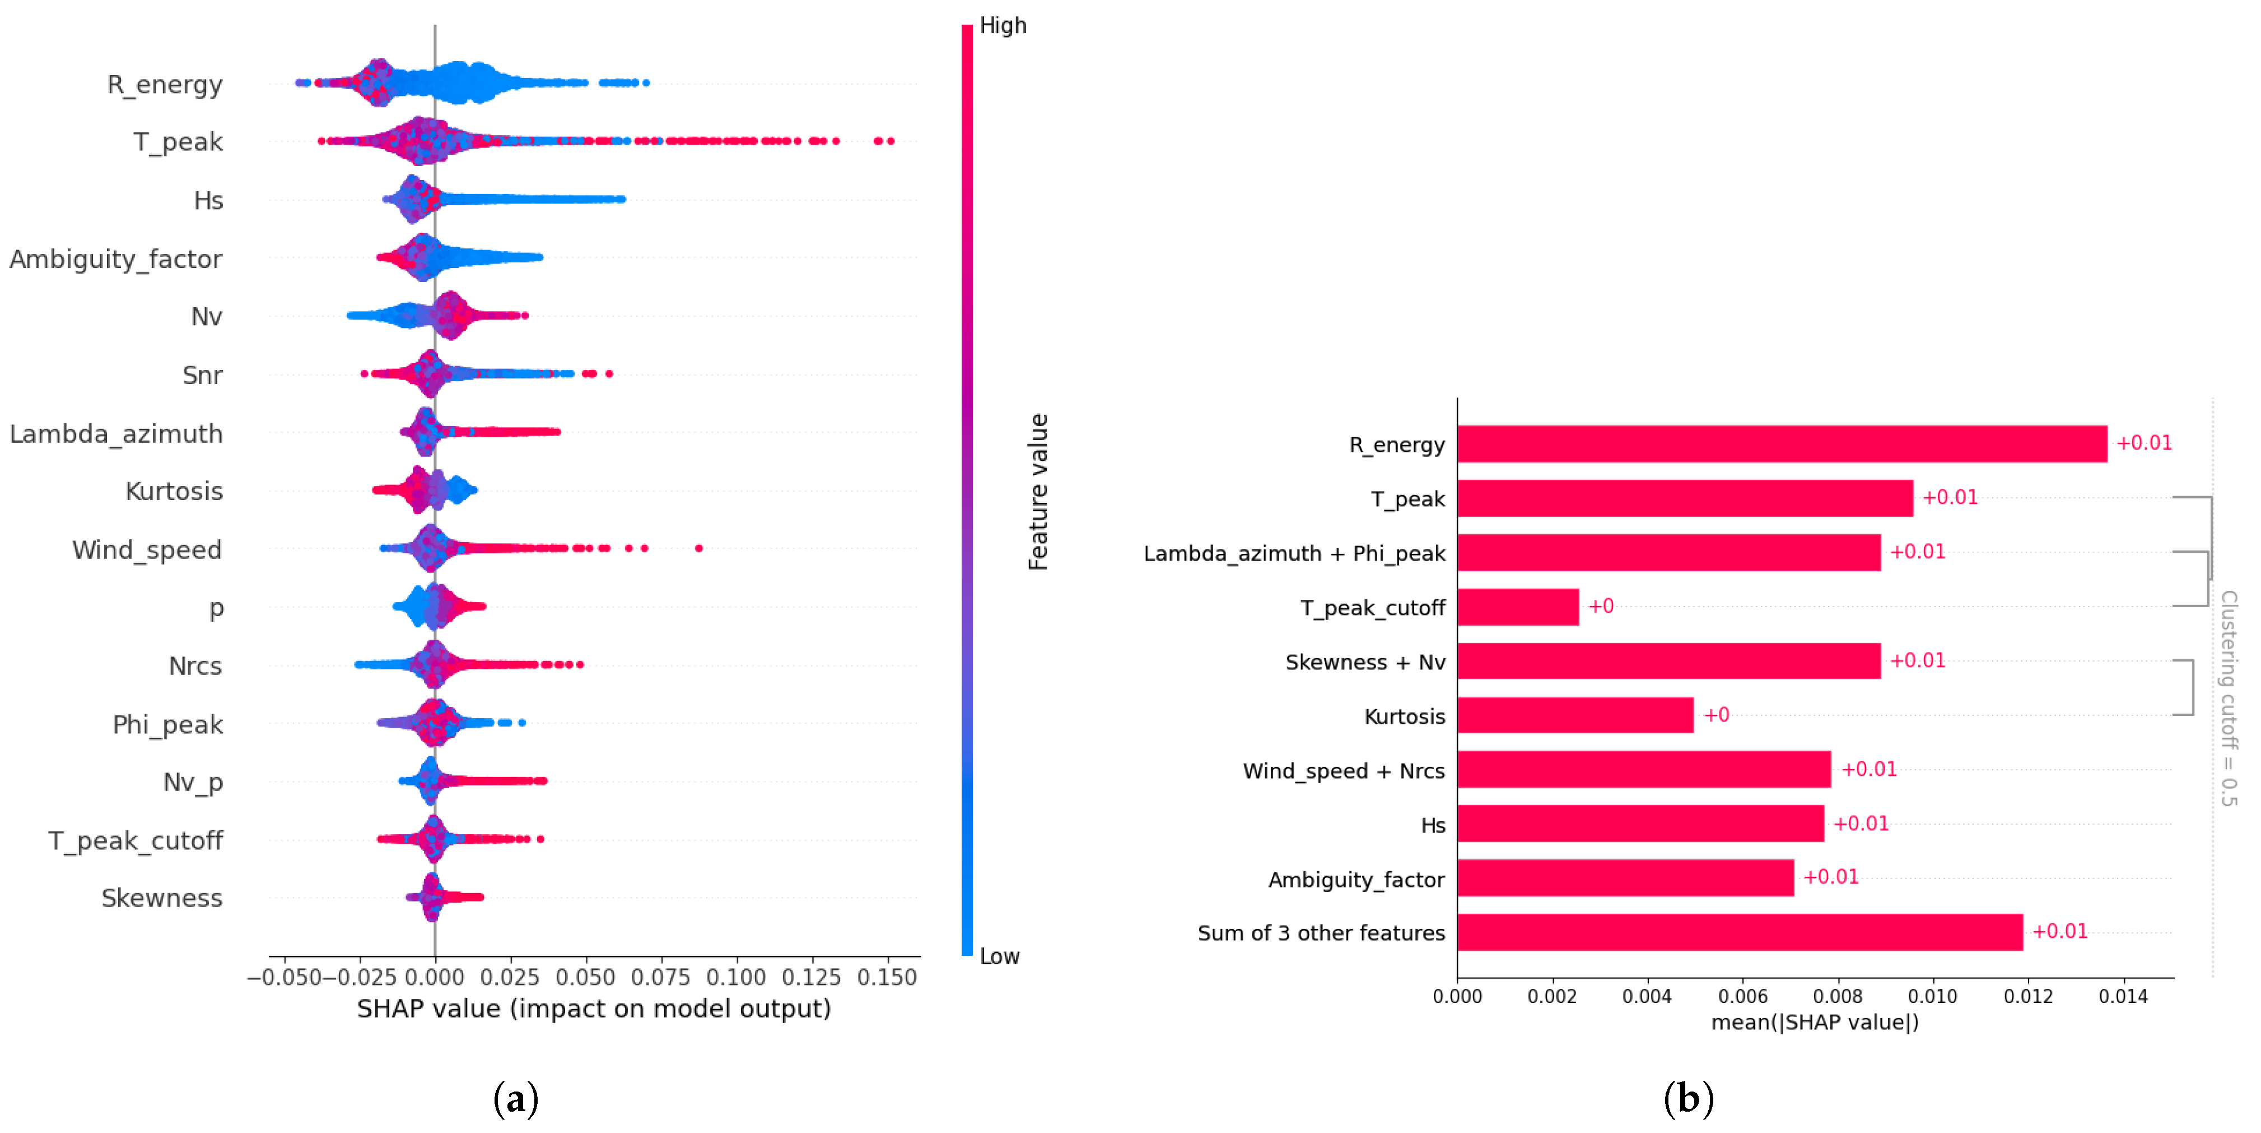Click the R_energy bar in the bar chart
point(1782,445)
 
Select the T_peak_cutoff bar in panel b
point(1518,607)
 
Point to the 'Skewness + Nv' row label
point(1365,662)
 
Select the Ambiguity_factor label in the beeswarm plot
point(116,259)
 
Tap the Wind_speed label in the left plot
point(147,550)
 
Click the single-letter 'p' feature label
point(216,608)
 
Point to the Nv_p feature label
point(193,781)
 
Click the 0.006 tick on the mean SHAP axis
point(1742,996)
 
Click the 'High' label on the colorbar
point(1003,25)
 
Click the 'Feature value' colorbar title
point(1038,492)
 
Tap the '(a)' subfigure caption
point(515,1099)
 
